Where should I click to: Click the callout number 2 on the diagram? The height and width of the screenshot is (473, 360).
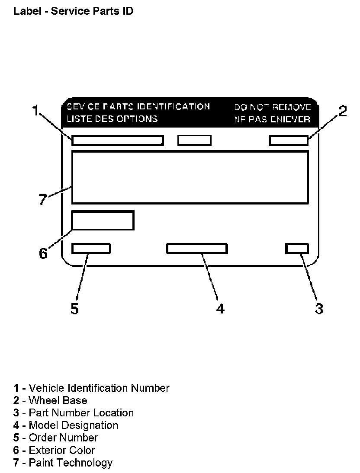[342, 111]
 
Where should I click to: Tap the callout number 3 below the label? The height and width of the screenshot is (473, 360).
[319, 309]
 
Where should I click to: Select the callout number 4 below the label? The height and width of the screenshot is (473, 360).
[220, 309]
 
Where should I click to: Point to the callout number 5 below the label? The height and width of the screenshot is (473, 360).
[75, 309]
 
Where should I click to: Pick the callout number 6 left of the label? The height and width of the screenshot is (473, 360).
[43, 253]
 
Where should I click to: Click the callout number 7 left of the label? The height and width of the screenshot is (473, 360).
[42, 199]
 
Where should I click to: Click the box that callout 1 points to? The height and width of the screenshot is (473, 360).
[117, 141]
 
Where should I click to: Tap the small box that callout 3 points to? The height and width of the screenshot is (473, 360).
[297, 249]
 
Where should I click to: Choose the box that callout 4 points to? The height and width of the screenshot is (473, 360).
[197, 249]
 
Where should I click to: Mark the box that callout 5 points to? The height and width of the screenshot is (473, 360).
[91, 249]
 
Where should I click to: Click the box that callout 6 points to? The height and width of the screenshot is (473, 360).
[103, 221]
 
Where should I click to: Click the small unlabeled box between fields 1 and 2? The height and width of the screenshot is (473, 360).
[195, 140]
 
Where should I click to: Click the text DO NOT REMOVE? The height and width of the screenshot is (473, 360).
[273, 107]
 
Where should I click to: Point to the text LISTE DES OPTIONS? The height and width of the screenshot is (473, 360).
[112, 118]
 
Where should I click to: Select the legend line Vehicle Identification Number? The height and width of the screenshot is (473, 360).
[91, 388]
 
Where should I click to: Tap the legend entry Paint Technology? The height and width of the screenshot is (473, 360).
[63, 463]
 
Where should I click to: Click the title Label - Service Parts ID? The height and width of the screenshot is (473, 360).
[73, 11]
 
